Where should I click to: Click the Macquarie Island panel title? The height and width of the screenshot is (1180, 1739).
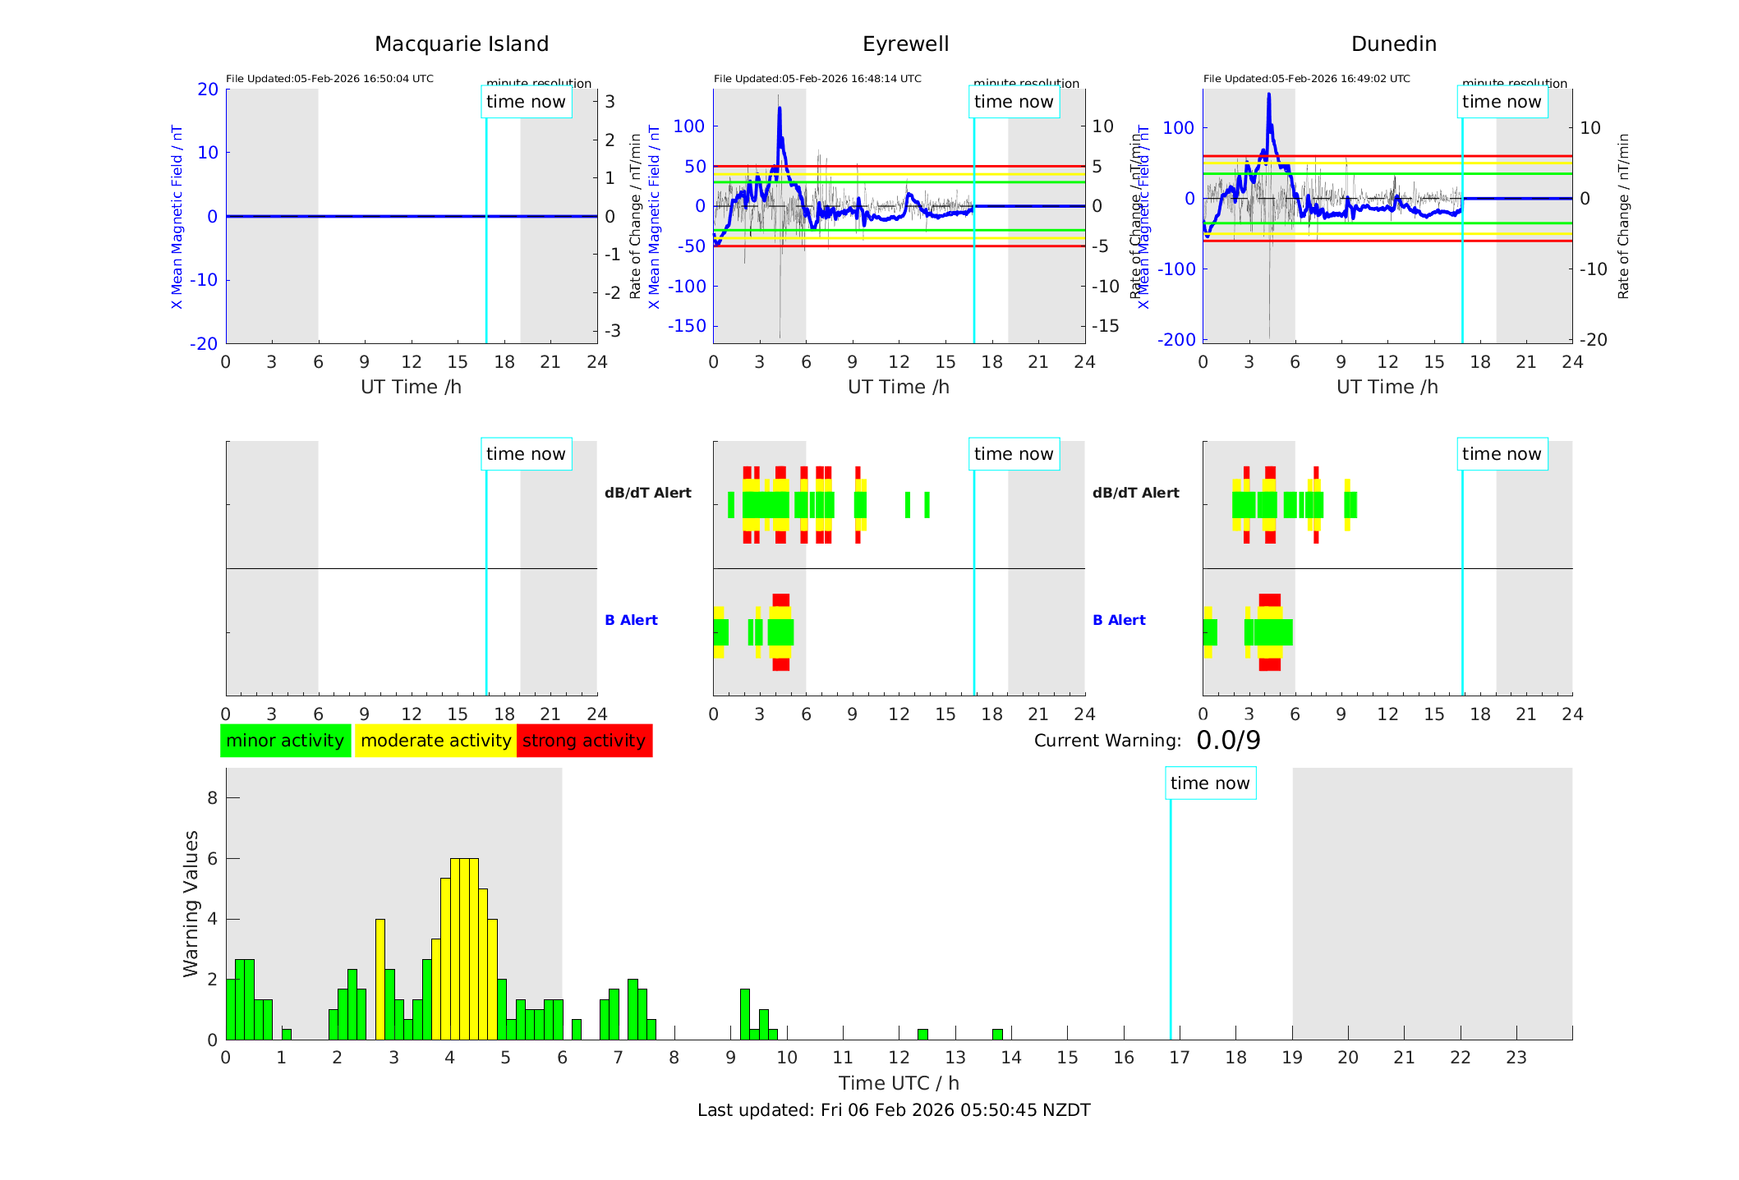pyautogui.click(x=461, y=44)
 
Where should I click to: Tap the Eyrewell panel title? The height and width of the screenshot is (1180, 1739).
pyautogui.click(x=905, y=44)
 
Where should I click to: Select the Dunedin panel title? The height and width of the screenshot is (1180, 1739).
pyautogui.click(x=1393, y=44)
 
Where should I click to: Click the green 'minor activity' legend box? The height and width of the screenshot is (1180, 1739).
pyautogui.click(x=285, y=741)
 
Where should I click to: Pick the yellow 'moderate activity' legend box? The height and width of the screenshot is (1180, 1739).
pyautogui.click(x=435, y=741)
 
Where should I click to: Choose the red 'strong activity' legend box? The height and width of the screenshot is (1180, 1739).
pyautogui.click(x=584, y=741)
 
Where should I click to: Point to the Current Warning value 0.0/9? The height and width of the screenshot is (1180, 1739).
pyautogui.click(x=1228, y=741)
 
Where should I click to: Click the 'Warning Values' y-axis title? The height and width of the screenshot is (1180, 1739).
pyautogui.click(x=191, y=903)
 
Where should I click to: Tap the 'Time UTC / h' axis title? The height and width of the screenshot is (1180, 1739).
pyautogui.click(x=899, y=1083)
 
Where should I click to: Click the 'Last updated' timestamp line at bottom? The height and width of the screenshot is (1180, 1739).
pyautogui.click(x=894, y=1110)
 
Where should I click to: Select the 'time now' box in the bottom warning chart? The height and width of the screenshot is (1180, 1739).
pyautogui.click(x=1210, y=783)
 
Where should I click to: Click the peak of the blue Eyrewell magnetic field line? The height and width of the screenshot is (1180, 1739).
pyautogui.click(x=780, y=108)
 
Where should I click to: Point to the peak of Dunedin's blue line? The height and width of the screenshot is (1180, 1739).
pyautogui.click(x=1268, y=94)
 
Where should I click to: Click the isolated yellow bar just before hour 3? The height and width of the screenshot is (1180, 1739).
pyautogui.click(x=380, y=977)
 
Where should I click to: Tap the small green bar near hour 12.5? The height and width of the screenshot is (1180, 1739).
pyautogui.click(x=922, y=1034)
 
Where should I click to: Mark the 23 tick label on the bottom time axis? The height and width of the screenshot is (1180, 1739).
pyautogui.click(x=1516, y=1058)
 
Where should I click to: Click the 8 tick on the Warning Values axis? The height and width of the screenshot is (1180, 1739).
pyautogui.click(x=213, y=797)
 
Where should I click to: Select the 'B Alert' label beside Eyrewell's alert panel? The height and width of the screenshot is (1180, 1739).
pyautogui.click(x=631, y=620)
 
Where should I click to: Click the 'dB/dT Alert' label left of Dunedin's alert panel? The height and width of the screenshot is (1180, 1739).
pyautogui.click(x=1135, y=493)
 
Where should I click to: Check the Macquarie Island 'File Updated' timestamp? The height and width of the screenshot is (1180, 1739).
pyautogui.click(x=329, y=79)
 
